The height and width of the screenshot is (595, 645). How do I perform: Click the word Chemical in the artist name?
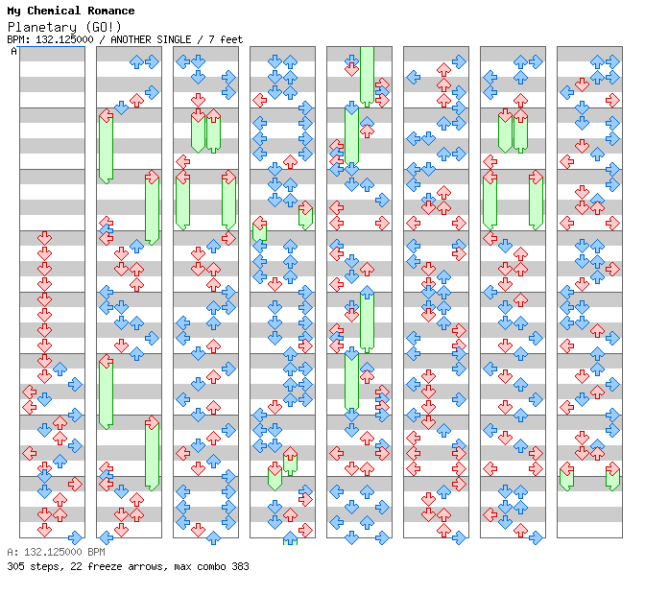pos(57,11)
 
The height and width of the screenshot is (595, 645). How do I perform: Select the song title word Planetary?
pos(35,26)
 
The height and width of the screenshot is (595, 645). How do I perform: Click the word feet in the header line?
pos(231,39)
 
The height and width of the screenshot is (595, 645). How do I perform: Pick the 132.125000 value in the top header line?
pos(63,39)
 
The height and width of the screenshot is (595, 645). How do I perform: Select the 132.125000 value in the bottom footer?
pos(46,553)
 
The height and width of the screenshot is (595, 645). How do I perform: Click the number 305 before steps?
pos(15,566)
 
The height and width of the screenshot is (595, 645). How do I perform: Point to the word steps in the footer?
pos(44,566)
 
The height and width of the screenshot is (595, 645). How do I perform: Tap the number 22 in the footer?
pos(71,566)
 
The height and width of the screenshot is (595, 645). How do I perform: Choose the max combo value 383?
pos(240,566)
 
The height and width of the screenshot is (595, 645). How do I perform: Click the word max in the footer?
pos(182,566)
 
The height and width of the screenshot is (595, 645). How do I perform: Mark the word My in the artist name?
pos(13,11)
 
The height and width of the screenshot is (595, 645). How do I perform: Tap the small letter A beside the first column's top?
pos(13,52)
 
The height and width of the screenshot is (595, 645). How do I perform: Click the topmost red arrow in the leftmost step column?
pos(44,237)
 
